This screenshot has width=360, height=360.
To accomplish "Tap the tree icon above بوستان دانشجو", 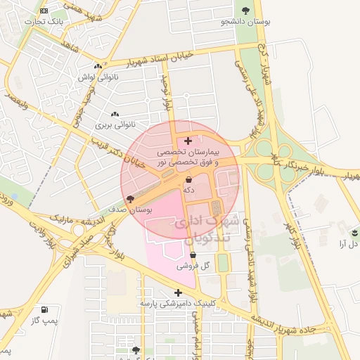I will click(245, 11).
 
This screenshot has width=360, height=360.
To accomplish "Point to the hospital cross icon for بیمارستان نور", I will click(187, 141).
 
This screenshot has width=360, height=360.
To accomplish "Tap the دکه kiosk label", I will click(188, 190).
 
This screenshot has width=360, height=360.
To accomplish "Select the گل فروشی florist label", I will click(195, 266).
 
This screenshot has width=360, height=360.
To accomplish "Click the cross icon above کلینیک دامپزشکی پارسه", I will click(178, 292).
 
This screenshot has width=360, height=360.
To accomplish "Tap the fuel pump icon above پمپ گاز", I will click(46, 309).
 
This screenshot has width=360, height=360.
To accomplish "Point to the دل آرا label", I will click(349, 243).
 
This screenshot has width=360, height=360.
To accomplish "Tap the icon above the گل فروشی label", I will click(193, 255).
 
